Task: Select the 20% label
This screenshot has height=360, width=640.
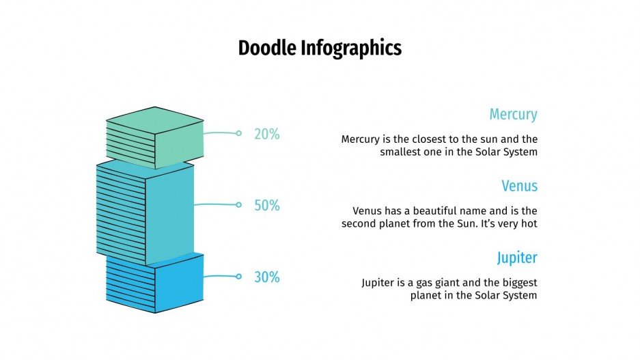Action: point(267,135)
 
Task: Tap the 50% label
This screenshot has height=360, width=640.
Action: point(267,206)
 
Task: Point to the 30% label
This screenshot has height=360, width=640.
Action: point(267,277)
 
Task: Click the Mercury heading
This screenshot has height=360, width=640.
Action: point(513,115)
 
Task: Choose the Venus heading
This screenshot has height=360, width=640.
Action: point(519,186)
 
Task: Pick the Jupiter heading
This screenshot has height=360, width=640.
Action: point(517,258)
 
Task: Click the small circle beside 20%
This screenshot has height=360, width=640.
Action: point(238,133)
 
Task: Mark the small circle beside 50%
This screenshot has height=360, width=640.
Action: point(238,205)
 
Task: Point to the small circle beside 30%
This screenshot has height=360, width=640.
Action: point(238,277)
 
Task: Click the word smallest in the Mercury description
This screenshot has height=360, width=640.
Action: point(401,152)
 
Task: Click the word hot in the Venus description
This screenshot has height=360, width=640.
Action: point(529,223)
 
